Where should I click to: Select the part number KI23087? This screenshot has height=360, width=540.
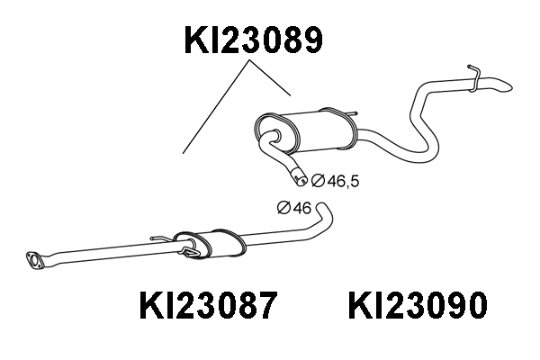[x=207, y=307]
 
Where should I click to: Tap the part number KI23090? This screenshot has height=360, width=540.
[x=416, y=307]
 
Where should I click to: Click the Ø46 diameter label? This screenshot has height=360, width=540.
[x=294, y=209]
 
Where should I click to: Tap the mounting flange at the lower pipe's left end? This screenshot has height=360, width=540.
[x=37, y=261]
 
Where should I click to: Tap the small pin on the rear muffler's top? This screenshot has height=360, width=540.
[x=352, y=113]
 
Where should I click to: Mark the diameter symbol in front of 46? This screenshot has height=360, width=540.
[x=283, y=209]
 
